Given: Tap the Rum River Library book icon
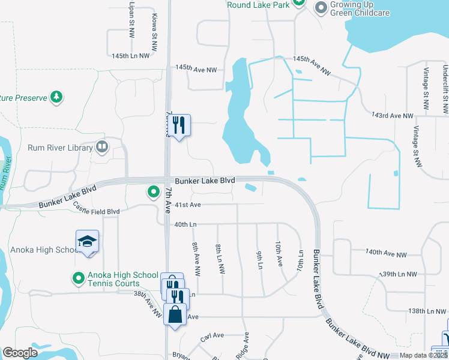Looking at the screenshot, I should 102,147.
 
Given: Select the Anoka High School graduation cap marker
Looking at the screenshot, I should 88,242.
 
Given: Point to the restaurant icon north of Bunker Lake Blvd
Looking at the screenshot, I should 178,125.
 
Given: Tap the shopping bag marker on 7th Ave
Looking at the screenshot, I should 175,315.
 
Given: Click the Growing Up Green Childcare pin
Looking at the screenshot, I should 321,8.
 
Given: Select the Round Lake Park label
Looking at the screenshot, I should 259,5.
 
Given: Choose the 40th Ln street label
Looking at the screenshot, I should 185,224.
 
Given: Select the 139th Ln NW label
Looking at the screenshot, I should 399,274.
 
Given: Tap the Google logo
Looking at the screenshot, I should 20,353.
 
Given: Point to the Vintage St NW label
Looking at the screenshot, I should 417,147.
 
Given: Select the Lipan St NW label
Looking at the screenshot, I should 131,17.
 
